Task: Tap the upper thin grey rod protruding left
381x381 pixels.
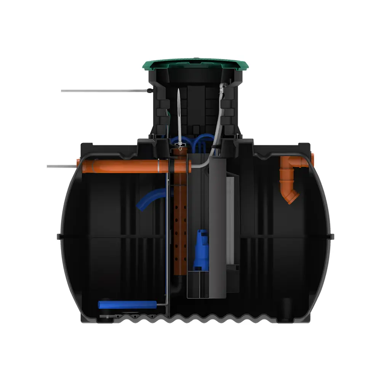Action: pyautogui.click(x=103, y=91)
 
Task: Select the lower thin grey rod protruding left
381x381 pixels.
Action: pyautogui.click(x=61, y=166)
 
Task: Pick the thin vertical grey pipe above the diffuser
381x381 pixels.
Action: pyautogui.click(x=167, y=236)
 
